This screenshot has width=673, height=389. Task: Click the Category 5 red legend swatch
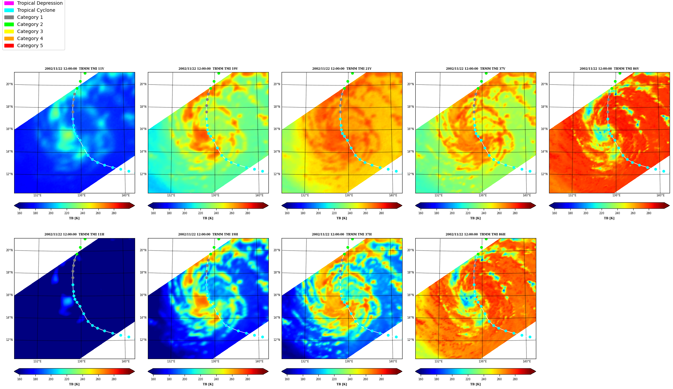[x=9, y=45]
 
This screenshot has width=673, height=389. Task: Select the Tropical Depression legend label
[x=40, y=3]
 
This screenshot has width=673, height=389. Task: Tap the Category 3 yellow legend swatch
[x=9, y=31]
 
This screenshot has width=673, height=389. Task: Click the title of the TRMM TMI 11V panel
[x=74, y=69]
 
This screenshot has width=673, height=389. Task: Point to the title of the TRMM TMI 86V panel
[x=609, y=69]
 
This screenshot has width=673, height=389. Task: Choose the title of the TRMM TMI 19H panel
[x=208, y=234]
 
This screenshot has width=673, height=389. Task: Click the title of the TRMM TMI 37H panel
[x=342, y=234]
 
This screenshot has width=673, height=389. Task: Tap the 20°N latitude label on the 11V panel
[x=9, y=84]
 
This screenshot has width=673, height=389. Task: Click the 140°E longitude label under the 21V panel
[x=393, y=195]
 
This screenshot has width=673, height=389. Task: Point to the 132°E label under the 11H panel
[x=37, y=361]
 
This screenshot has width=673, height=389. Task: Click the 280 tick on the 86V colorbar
[x=649, y=213]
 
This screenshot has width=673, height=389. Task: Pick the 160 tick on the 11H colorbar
[x=20, y=379]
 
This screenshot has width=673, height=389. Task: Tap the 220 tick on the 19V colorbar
[x=200, y=213]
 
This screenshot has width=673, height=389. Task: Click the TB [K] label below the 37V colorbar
[x=475, y=218]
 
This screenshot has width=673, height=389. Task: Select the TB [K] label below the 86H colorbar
[x=475, y=384]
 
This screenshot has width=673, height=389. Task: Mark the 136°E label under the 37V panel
[x=483, y=195]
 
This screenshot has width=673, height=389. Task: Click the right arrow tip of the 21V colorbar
[x=402, y=205]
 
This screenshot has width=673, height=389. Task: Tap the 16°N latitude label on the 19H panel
[x=143, y=295]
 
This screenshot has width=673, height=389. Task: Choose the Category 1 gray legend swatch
[x=9, y=17]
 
